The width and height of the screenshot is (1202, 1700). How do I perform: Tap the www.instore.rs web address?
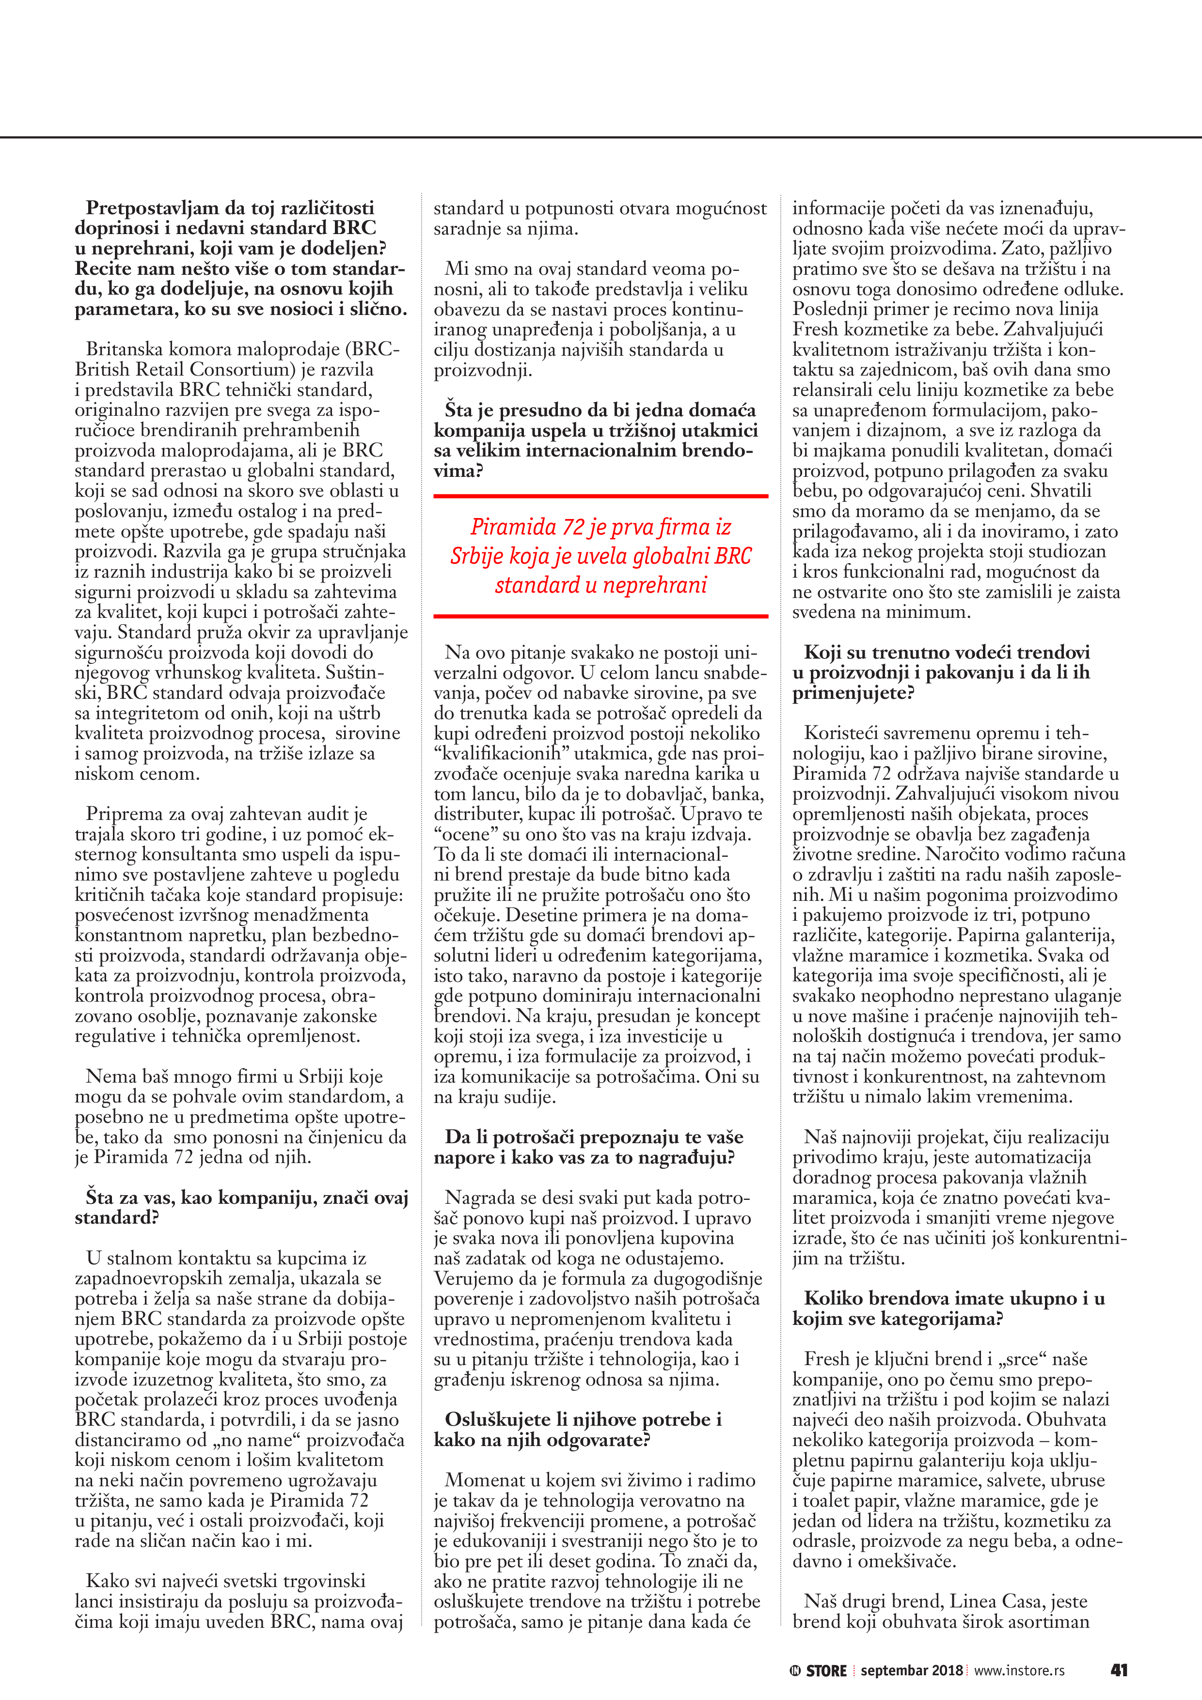[x=1019, y=1670]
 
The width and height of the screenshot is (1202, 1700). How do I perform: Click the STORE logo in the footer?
[x=818, y=1670]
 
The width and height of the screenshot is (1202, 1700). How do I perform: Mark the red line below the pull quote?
[x=601, y=615]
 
